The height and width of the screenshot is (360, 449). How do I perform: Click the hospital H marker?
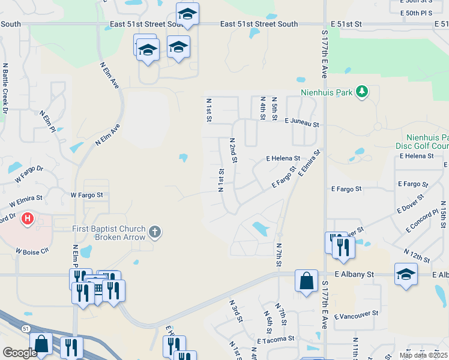[x=28, y=219]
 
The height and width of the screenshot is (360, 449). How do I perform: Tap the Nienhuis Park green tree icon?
[x=361, y=92]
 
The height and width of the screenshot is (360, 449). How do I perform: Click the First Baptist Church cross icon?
[x=155, y=232]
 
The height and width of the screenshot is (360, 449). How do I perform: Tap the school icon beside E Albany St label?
[x=406, y=275]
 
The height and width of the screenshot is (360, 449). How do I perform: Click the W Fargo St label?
[x=87, y=195]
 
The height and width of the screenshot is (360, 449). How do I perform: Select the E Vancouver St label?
[x=357, y=314]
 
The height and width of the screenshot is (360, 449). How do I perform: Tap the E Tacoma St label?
[x=277, y=340]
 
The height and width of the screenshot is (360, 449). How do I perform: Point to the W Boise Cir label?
[x=32, y=251]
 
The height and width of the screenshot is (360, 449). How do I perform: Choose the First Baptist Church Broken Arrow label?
[x=109, y=233]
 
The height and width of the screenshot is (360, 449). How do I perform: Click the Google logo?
[x=20, y=353]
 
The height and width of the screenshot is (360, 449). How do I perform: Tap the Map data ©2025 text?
[x=423, y=355]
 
